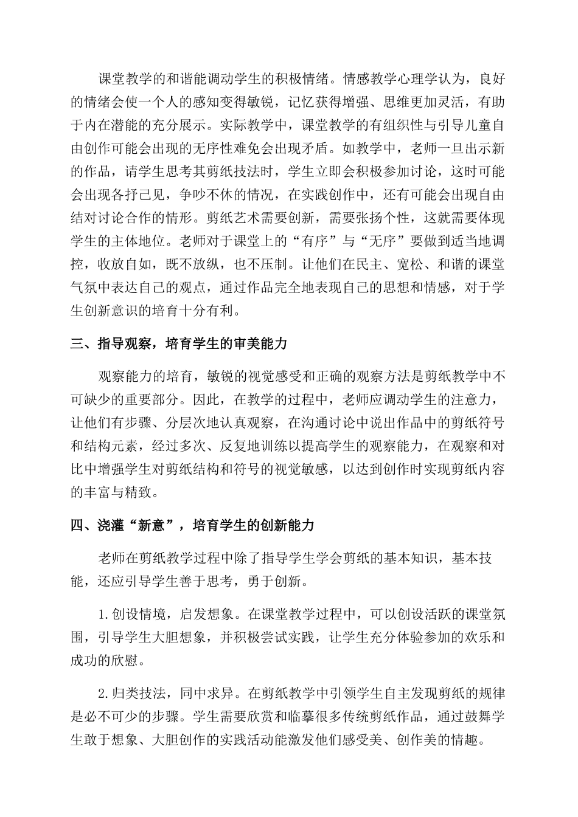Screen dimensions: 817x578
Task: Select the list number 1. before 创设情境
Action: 105,614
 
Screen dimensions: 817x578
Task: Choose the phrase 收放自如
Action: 125,264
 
